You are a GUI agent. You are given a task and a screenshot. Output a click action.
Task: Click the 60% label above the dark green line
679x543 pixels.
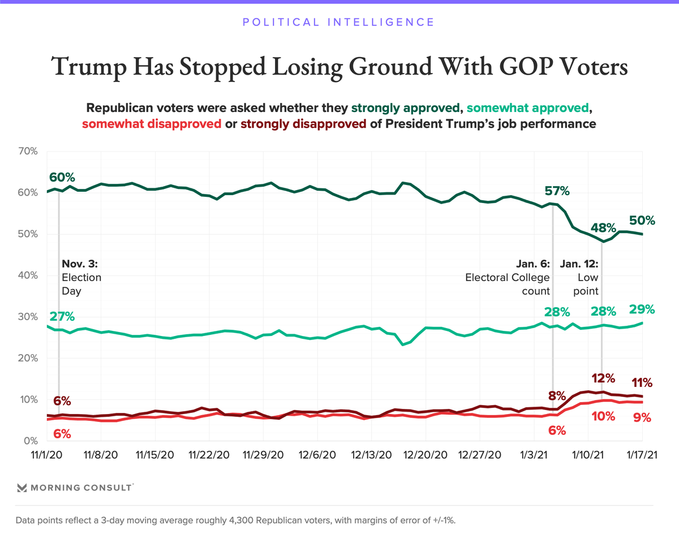click(62, 177)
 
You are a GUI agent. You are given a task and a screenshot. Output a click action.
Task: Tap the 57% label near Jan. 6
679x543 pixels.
click(557, 191)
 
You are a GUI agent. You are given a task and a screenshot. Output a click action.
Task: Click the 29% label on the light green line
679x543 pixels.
click(642, 309)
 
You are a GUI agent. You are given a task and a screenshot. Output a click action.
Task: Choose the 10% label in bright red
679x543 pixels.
click(603, 416)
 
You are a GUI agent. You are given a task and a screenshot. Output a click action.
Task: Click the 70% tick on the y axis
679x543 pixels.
click(27, 151)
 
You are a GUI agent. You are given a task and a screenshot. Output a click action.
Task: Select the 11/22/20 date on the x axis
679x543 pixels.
click(209, 455)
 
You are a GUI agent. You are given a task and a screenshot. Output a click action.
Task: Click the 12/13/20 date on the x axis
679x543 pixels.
click(371, 455)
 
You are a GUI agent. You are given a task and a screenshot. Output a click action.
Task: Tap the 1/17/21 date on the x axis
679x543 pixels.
click(642, 455)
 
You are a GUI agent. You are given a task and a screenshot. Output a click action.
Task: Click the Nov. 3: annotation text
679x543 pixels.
click(80, 264)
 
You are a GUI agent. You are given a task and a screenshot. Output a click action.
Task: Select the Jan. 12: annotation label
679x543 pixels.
click(579, 264)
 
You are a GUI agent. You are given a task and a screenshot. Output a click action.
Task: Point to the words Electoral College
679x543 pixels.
click(508, 277)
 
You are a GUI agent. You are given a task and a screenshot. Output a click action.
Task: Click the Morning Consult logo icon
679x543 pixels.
click(23, 488)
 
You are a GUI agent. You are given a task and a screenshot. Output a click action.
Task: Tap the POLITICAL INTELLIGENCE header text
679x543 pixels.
click(338, 23)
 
